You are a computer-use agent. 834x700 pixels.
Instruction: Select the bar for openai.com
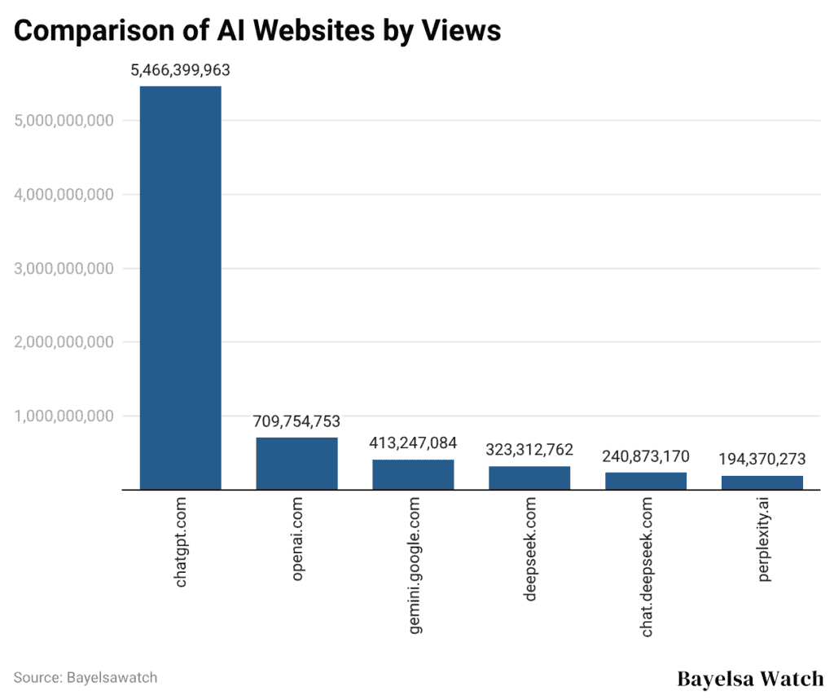pos(296,464)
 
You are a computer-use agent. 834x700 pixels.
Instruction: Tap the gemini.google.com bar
pos(413,474)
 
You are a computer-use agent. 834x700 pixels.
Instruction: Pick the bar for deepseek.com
pos(529,478)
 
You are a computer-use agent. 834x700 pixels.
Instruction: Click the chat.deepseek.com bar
pos(646,481)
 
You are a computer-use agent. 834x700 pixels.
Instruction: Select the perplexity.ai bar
pos(762,482)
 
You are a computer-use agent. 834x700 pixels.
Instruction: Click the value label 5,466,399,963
pos(180,71)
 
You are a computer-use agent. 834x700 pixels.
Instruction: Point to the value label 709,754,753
pos(296,422)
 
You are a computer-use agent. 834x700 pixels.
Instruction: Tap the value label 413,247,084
pos(413,444)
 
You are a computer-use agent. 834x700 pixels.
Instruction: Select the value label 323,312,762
pos(529,450)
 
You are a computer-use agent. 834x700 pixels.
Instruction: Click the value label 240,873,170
pos(646,456)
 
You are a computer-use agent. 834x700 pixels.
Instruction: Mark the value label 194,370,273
pos(762,460)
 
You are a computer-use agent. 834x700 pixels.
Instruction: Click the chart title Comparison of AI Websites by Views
pos(257,30)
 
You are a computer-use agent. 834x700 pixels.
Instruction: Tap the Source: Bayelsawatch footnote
pos(86,677)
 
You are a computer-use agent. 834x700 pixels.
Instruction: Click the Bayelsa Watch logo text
pos(749,678)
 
